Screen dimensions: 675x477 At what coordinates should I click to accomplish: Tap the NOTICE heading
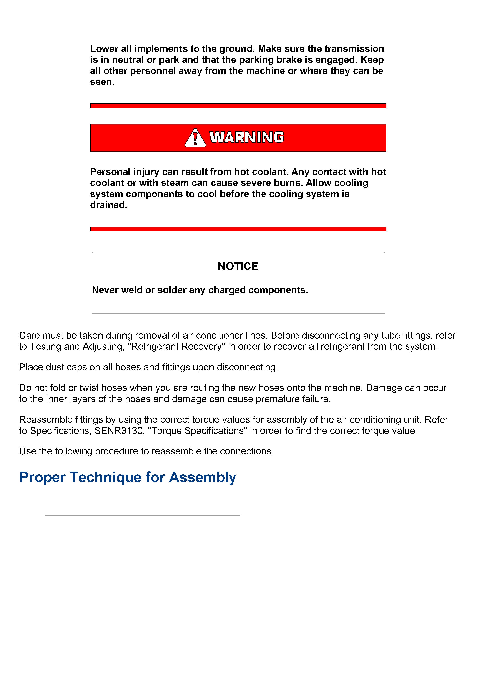[238, 266]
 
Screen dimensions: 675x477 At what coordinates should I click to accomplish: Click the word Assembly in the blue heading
[203, 477]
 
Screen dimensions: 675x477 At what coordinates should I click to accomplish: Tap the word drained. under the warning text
[108, 205]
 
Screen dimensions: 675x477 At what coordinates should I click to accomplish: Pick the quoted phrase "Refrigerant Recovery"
[176, 347]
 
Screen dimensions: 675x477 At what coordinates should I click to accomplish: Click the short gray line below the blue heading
[143, 516]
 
